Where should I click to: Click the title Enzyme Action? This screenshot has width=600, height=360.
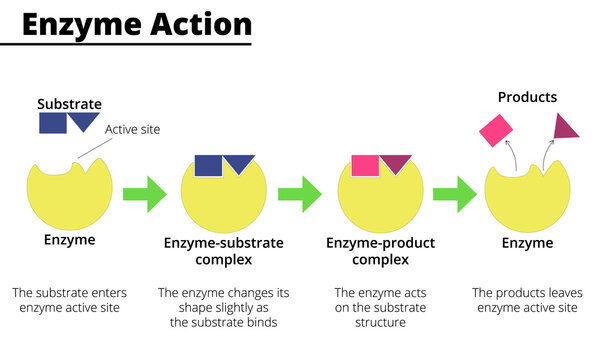pyautogui.click(x=137, y=24)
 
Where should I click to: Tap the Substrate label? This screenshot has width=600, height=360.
pyautogui.click(x=69, y=103)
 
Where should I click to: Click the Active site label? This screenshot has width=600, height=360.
pyautogui.click(x=133, y=129)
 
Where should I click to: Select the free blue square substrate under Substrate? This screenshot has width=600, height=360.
pyautogui.click(x=53, y=122)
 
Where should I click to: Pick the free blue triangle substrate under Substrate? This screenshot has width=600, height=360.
pyautogui.click(x=84, y=120)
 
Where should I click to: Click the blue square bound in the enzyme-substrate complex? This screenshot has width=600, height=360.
pyautogui.click(x=208, y=166)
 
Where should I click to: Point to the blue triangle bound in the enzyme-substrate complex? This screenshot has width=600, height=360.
pyautogui.click(x=239, y=163)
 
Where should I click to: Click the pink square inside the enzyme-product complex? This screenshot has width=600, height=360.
pyautogui.click(x=365, y=166)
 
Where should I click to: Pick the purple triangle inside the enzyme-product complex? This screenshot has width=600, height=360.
pyautogui.click(x=396, y=163)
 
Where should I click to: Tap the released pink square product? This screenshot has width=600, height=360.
pyautogui.click(x=495, y=130)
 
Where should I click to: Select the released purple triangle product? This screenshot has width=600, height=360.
pyautogui.click(x=566, y=126)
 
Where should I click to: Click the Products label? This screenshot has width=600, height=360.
pyautogui.click(x=528, y=97)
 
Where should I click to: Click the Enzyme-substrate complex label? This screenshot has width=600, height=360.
pyautogui.click(x=223, y=251)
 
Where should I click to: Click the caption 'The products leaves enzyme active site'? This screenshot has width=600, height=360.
pyautogui.click(x=525, y=300)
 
